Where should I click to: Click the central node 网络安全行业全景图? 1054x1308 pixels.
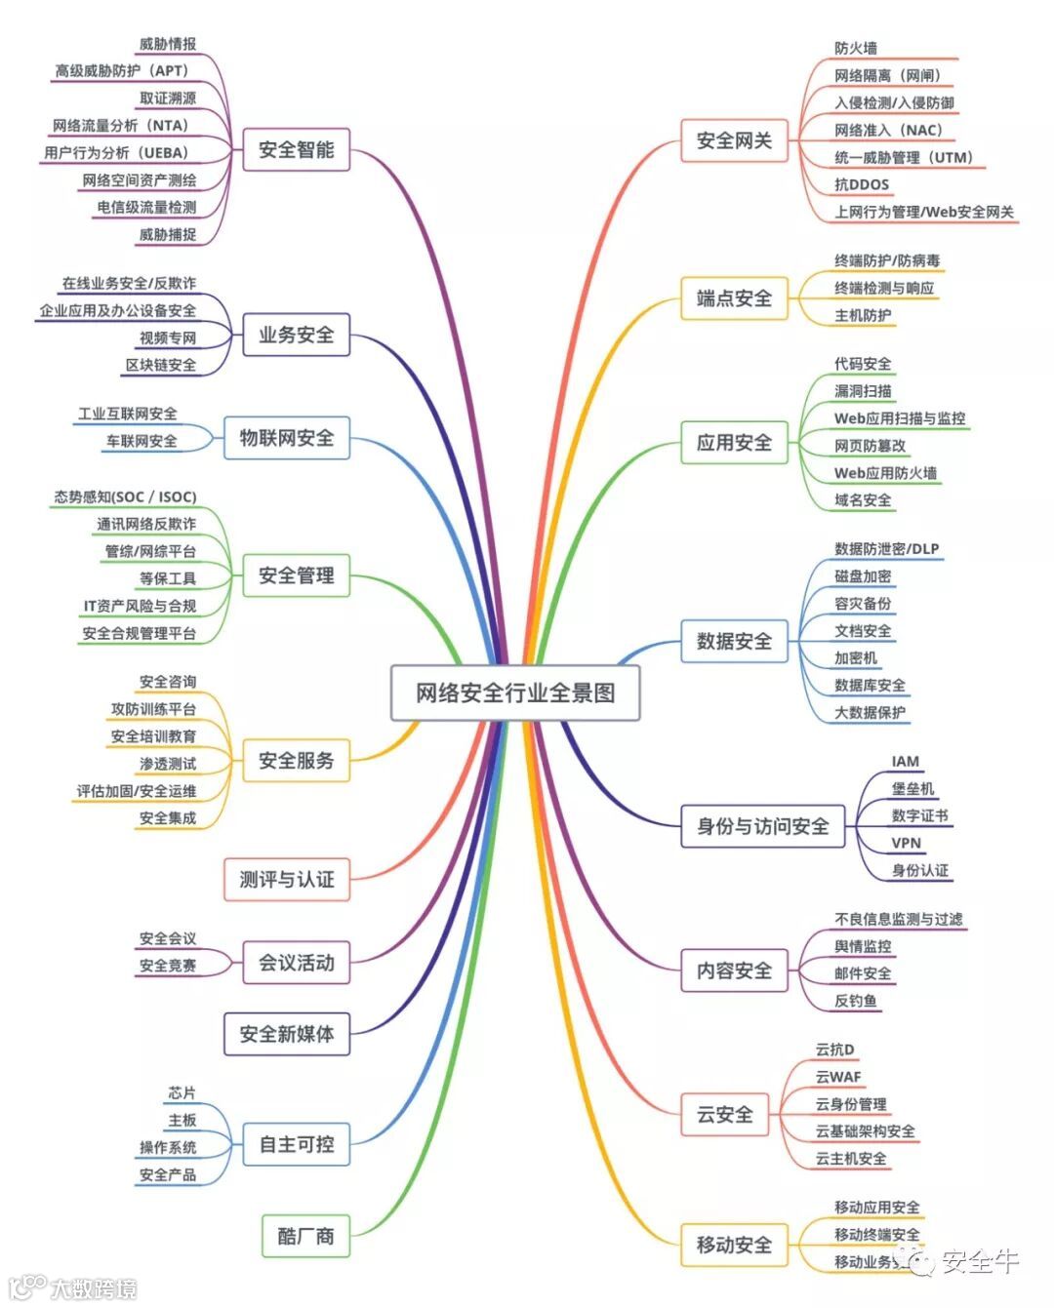point(515,693)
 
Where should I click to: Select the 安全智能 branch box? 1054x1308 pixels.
point(296,149)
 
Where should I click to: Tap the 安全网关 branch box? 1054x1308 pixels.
point(734,140)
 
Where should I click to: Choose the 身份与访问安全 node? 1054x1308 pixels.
point(762,826)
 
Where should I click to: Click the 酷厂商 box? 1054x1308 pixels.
point(305,1236)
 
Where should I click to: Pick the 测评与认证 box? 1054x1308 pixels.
point(287,879)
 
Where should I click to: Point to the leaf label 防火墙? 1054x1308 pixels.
point(856,48)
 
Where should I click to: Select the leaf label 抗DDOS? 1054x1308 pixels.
point(862,184)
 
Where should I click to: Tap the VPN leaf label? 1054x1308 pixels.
point(906,843)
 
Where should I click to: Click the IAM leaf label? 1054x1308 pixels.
point(905,761)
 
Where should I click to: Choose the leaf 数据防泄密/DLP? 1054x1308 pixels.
point(886,548)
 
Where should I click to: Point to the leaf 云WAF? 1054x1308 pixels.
point(838,1077)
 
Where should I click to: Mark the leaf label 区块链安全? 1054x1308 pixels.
point(161,365)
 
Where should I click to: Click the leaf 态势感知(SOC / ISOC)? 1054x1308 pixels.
point(125,496)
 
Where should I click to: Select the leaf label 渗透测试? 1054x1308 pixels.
point(167,764)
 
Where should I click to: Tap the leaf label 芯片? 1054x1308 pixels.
point(182,1092)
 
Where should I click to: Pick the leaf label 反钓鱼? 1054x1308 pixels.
point(855,1000)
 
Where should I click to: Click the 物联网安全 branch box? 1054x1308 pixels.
point(287,438)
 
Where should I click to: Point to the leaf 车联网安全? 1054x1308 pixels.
point(142,441)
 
